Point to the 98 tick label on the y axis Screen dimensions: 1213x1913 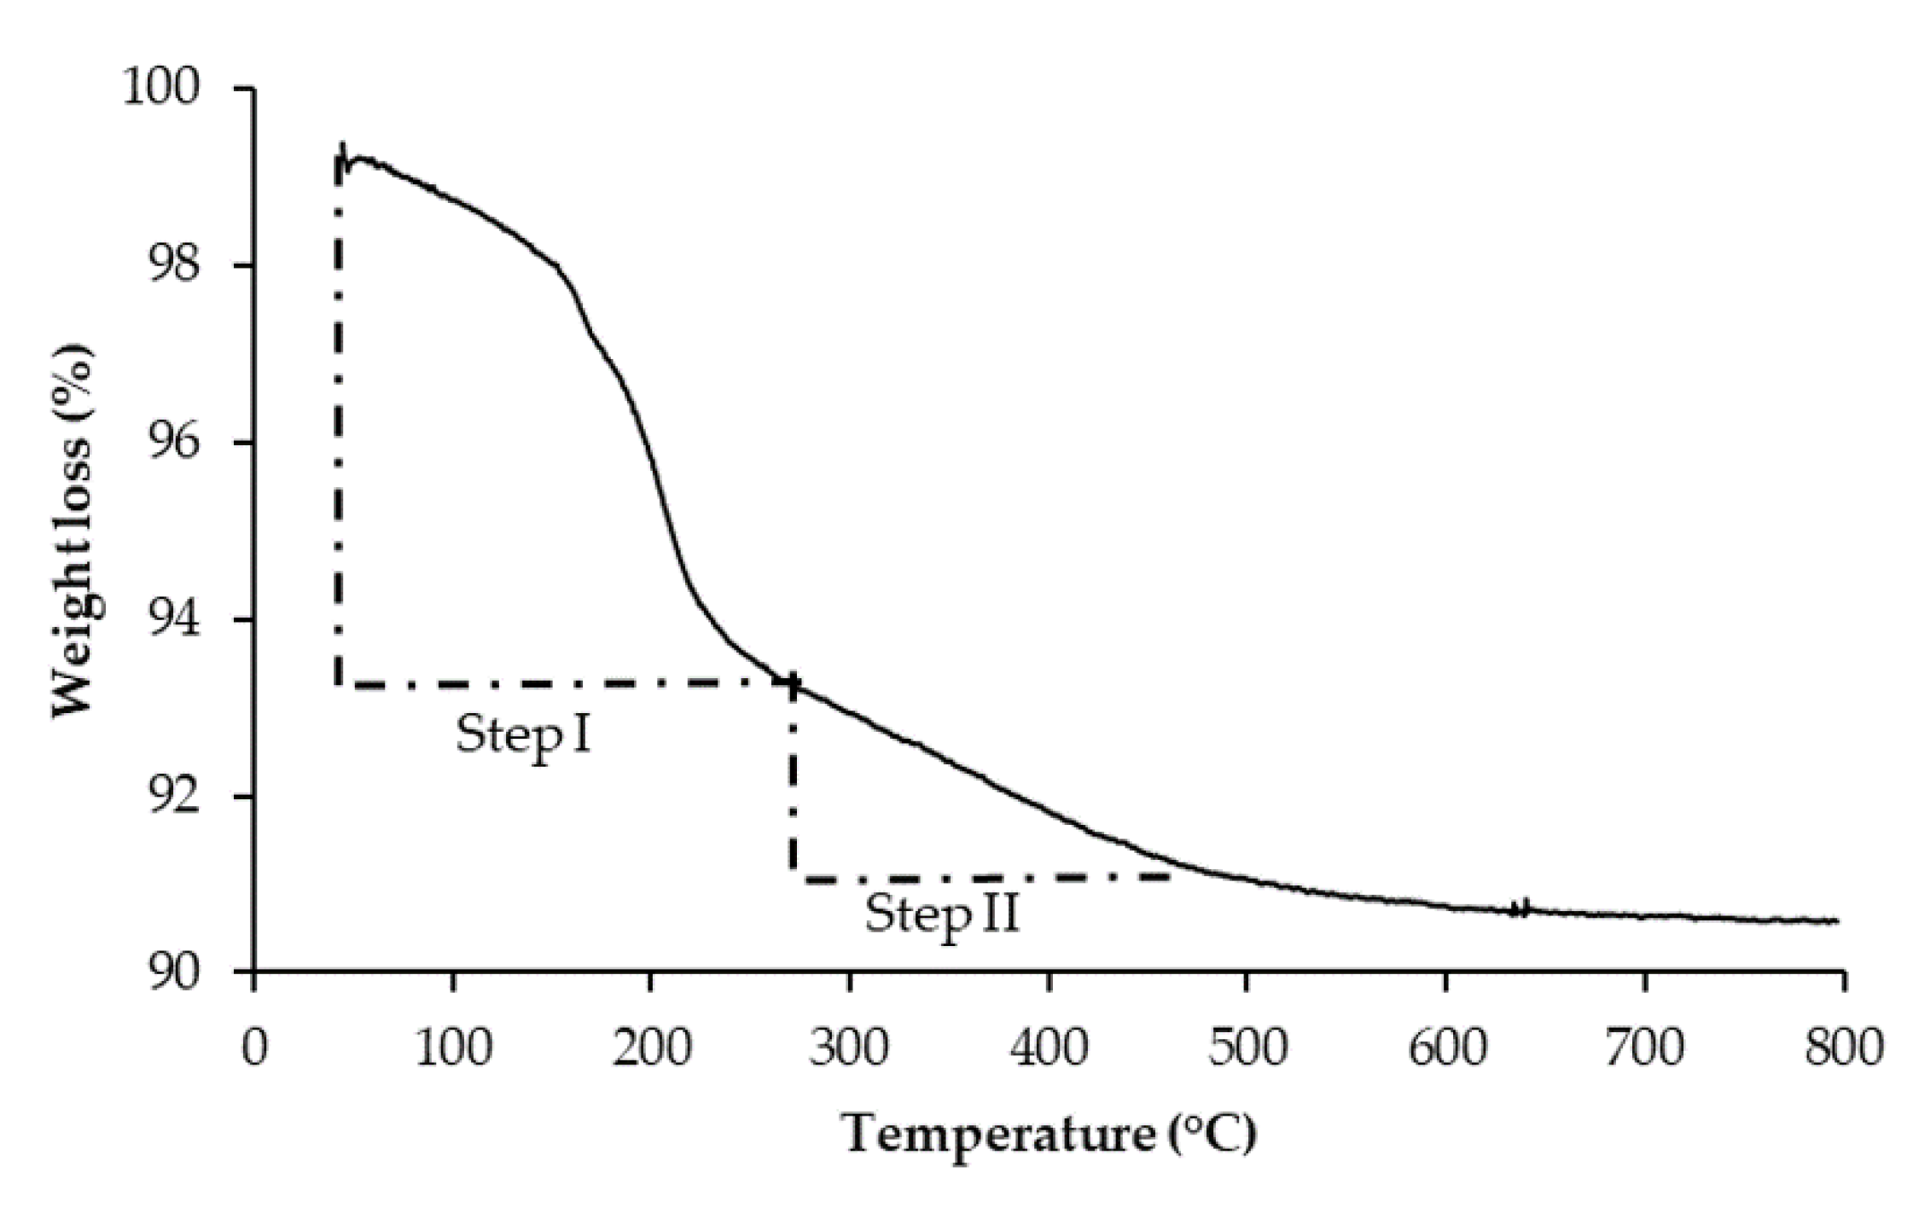pos(174,265)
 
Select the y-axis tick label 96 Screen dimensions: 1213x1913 pos(174,443)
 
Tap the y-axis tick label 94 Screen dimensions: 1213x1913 pos(174,620)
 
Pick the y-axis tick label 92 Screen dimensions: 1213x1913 pos(174,798)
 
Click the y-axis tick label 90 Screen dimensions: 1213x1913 pos(174,972)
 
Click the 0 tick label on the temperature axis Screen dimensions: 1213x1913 pos(254,1047)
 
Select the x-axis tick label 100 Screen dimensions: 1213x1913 pos(453,1047)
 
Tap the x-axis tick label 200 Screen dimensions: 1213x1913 pos(652,1047)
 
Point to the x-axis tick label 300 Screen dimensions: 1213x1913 pos(850,1047)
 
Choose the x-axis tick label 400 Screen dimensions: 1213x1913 pos(1049,1047)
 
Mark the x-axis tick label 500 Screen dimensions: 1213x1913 pos(1247,1047)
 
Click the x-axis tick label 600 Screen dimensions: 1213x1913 pos(1446,1047)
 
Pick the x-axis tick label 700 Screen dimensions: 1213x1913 pos(1644,1047)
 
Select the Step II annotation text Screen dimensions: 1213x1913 pos(942,915)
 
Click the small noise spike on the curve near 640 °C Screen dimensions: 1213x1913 pos(1520,908)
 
